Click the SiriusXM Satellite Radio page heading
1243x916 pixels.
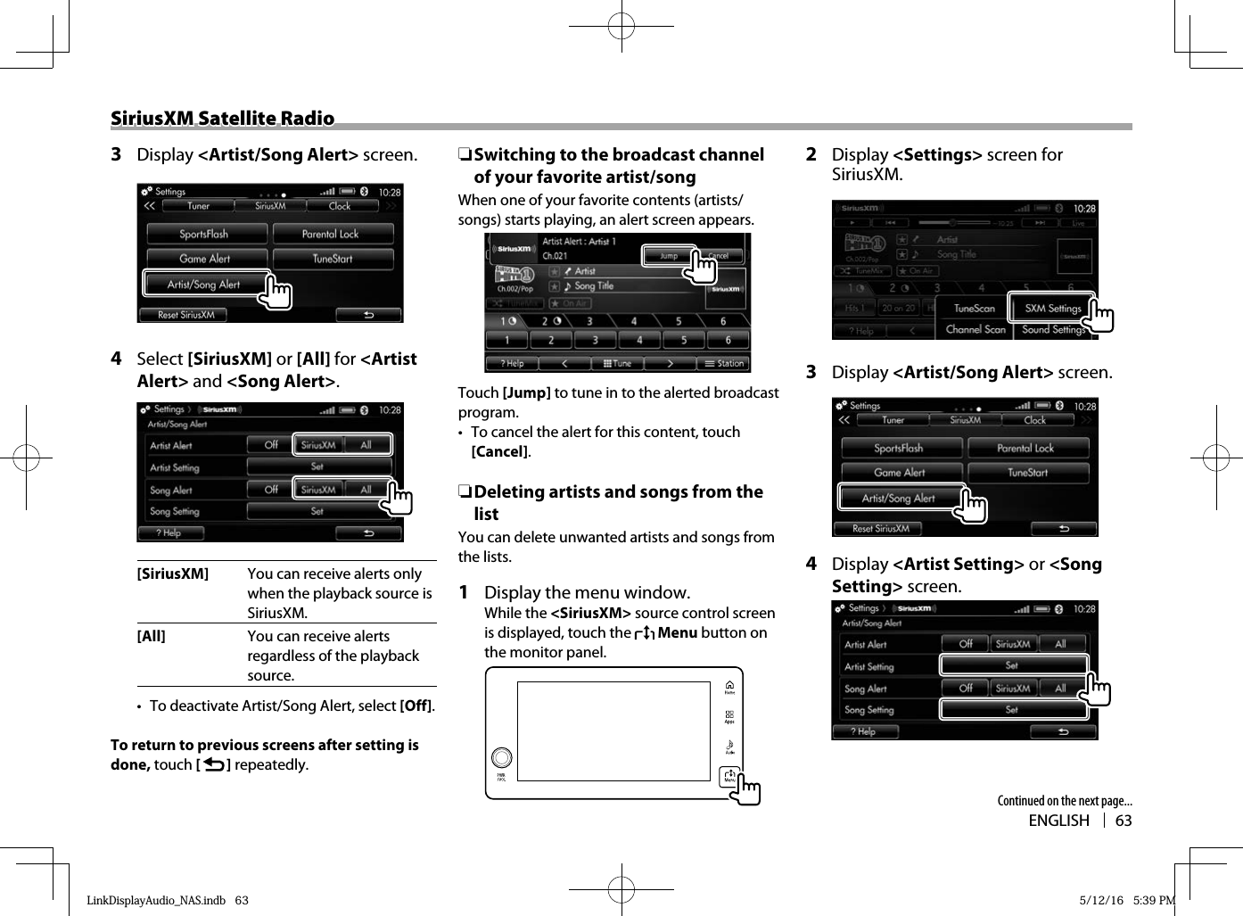[x=222, y=119]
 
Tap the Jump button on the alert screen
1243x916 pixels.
[x=669, y=256]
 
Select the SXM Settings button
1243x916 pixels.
[x=1051, y=309]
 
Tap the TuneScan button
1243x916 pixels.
[x=974, y=309]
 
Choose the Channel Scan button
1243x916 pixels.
[x=975, y=329]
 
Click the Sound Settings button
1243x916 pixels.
[x=1053, y=329]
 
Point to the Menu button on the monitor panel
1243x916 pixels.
[x=729, y=776]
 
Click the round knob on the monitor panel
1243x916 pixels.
[x=502, y=757]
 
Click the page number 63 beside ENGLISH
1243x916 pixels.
[x=1124, y=821]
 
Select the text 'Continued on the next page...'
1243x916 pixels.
[x=1064, y=801]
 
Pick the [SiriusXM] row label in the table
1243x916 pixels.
[x=173, y=574]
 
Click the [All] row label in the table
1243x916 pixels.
[x=152, y=637]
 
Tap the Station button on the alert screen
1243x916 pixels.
[x=725, y=363]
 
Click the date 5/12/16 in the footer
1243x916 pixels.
[x=1101, y=900]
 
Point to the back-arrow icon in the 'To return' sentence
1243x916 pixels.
[x=213, y=764]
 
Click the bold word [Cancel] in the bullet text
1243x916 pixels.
[x=499, y=451]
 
